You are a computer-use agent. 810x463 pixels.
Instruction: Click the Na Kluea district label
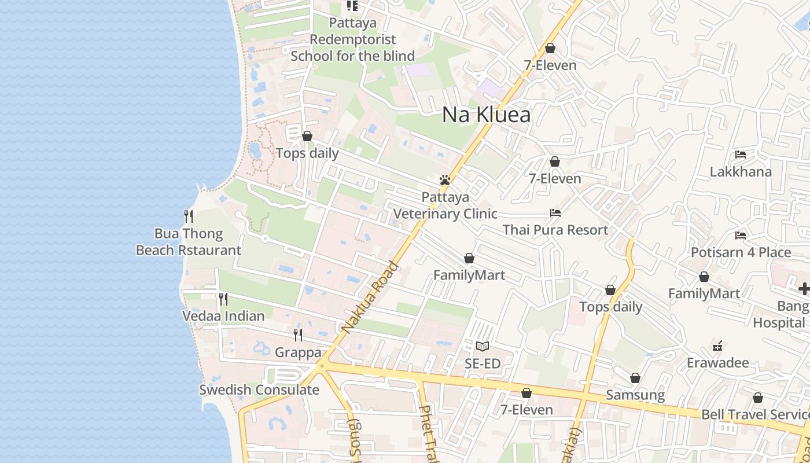click(486, 115)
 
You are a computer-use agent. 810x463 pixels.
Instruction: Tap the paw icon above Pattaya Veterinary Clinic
click(445, 180)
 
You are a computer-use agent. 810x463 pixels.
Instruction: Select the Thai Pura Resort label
click(555, 230)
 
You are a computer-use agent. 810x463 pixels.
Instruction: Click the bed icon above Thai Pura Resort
click(555, 213)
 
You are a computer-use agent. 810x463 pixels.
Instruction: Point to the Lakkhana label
click(741, 172)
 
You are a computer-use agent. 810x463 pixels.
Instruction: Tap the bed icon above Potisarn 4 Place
click(741, 236)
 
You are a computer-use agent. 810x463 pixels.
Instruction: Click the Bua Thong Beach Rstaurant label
click(189, 242)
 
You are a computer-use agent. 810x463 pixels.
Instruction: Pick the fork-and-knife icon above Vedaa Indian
click(223, 299)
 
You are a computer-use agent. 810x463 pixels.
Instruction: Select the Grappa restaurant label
click(298, 352)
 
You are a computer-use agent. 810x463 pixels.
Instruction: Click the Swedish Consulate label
click(259, 389)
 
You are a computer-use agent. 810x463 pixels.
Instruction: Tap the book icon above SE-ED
click(483, 346)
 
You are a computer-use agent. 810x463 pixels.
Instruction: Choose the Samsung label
click(635, 395)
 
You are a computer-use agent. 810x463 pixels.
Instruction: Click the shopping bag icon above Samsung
click(635, 379)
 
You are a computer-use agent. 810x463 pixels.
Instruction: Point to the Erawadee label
click(717, 363)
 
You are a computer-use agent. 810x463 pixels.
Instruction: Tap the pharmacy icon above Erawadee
click(717, 346)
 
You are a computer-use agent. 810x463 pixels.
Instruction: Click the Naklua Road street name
click(370, 297)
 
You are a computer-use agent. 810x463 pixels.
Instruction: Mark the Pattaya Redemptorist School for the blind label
click(353, 39)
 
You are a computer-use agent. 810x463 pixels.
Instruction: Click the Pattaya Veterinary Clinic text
click(445, 205)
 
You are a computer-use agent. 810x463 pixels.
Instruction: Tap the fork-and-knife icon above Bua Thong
click(189, 216)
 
